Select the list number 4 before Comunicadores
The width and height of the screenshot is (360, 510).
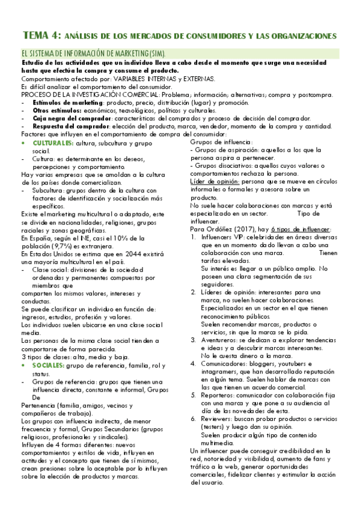tap(193, 364)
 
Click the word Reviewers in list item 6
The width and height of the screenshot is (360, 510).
tap(217, 419)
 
